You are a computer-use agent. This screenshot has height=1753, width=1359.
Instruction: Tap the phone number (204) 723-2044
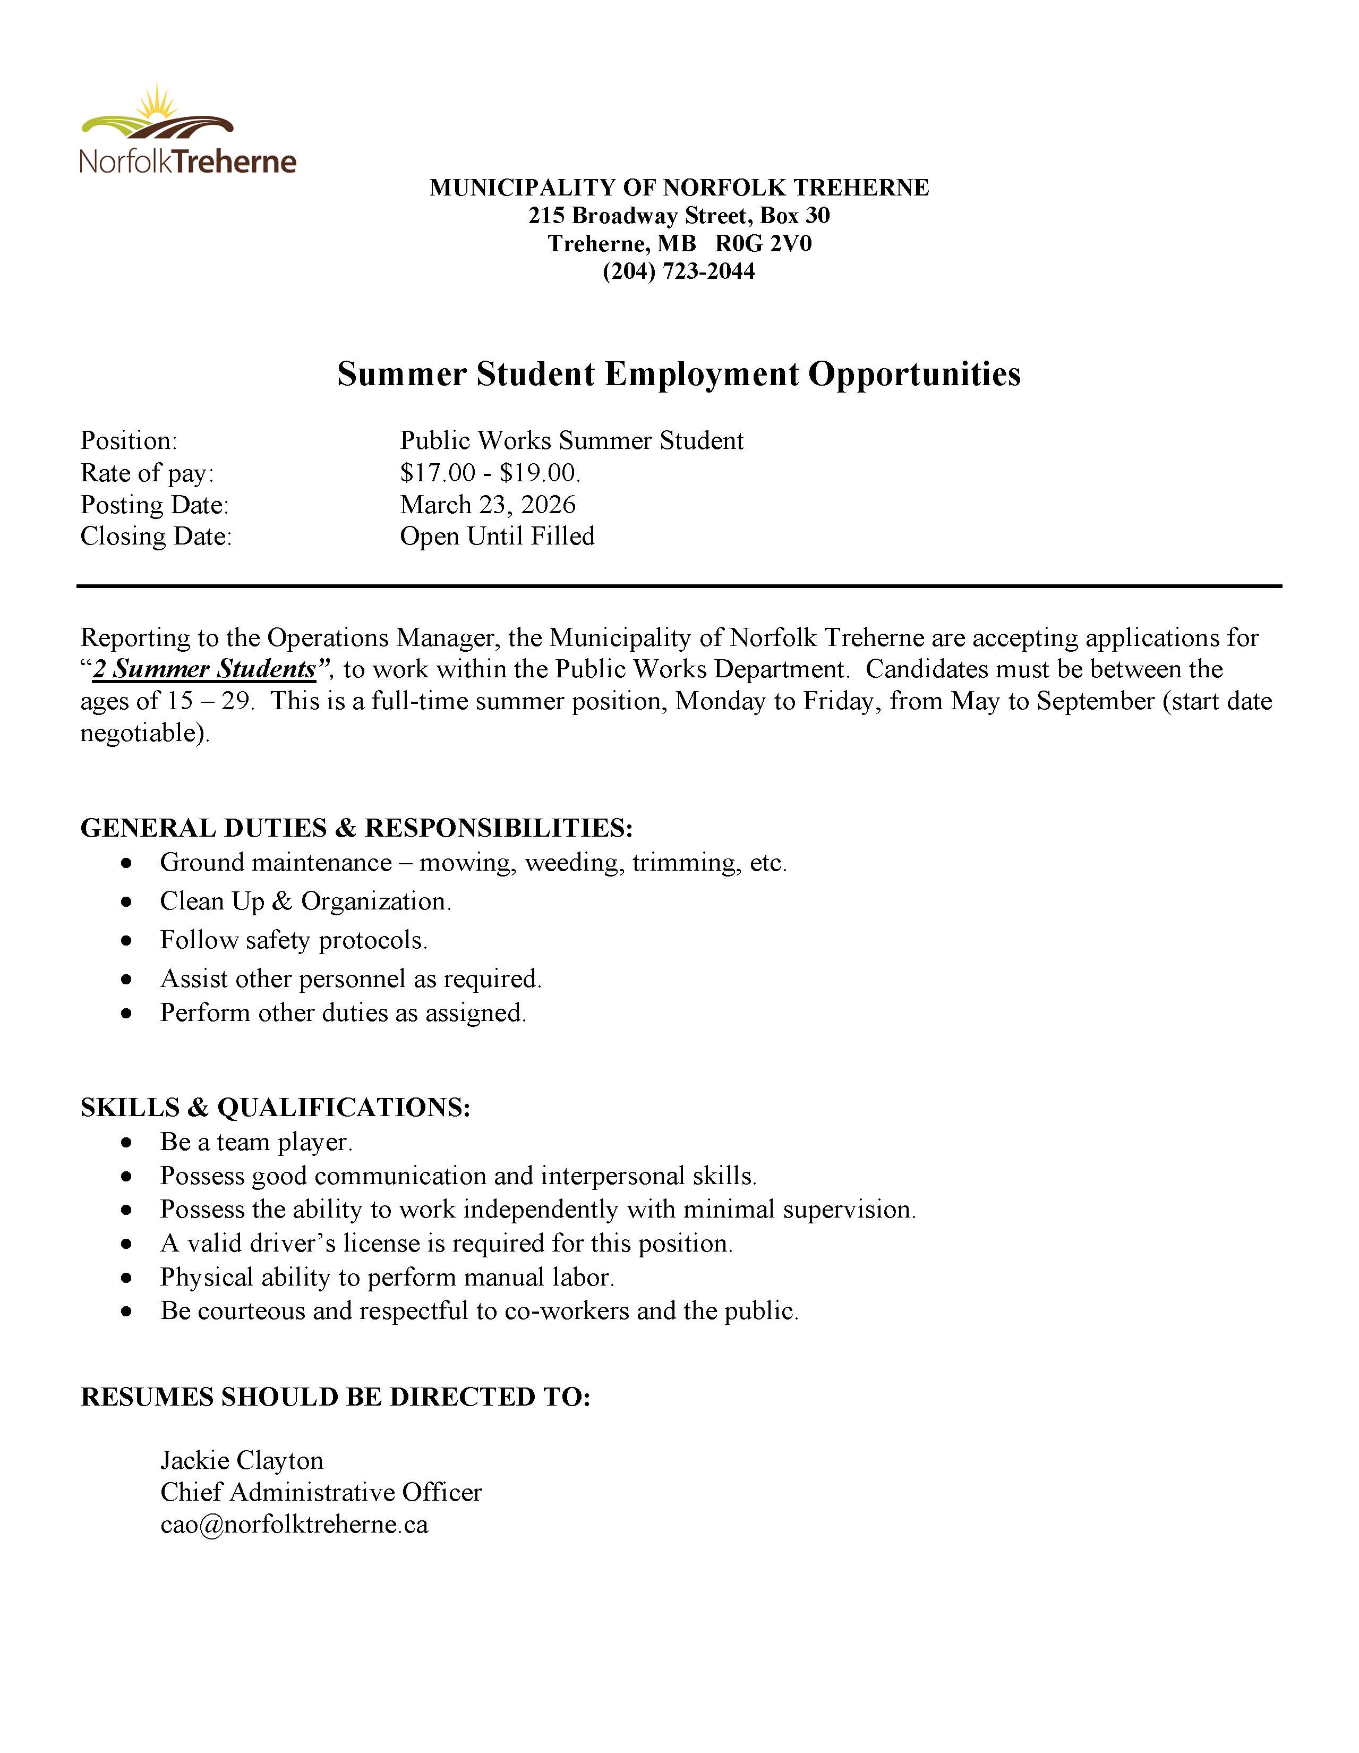tap(679, 271)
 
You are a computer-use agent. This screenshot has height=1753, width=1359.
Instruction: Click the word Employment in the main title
tap(701, 374)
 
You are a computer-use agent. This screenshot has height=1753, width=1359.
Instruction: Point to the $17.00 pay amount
tap(437, 473)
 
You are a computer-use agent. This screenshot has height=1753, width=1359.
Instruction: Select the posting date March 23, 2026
tap(488, 505)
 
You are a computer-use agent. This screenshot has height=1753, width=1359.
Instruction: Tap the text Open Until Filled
tap(498, 536)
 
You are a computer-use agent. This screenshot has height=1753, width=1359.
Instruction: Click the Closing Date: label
tap(156, 536)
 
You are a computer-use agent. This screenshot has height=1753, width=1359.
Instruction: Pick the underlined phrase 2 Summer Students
tap(204, 669)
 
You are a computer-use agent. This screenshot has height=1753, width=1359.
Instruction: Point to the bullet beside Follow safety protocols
tap(126, 941)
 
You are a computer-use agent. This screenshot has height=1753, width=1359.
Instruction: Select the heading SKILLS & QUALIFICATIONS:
tap(275, 1108)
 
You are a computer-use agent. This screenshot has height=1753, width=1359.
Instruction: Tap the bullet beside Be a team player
tap(126, 1142)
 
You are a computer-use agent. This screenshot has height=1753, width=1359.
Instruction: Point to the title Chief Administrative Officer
tap(321, 1492)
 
